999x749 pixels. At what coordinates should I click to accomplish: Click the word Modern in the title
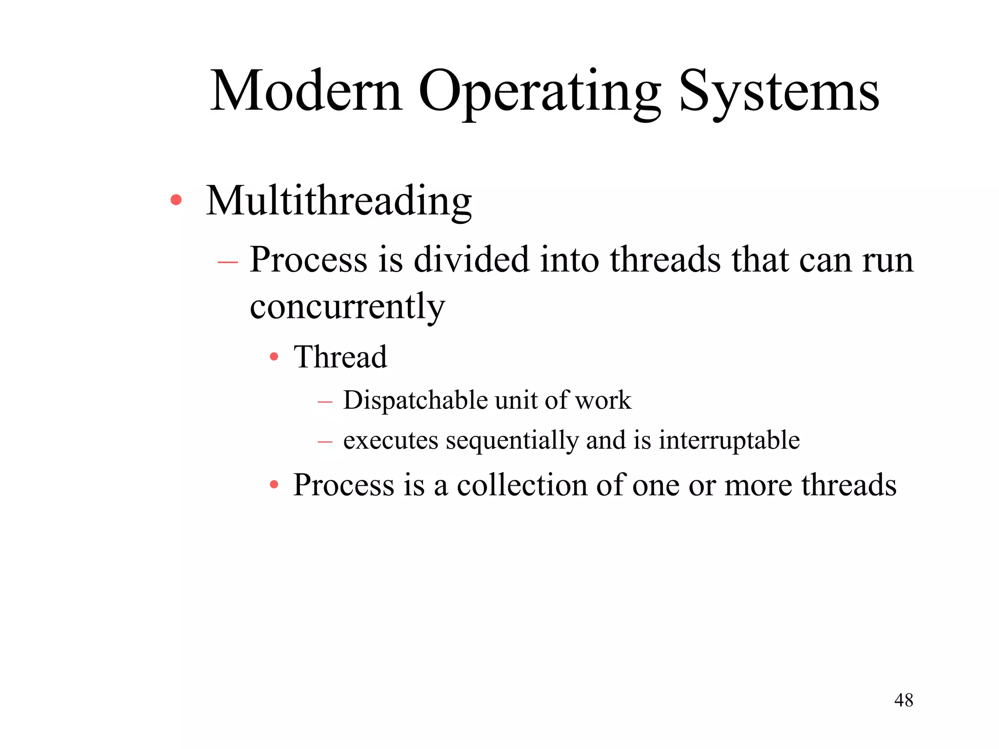(306, 91)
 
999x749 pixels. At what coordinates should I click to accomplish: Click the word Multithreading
(339, 201)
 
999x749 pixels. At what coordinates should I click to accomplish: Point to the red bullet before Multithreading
(176, 200)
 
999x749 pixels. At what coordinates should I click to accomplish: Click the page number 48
(903, 700)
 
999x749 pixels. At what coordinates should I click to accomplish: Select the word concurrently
(347, 307)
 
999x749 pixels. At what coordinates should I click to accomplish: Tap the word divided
(471, 260)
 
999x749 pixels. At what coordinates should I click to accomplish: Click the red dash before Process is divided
(228, 262)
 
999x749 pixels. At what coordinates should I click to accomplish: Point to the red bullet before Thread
(274, 357)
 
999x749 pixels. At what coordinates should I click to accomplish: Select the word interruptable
(729, 440)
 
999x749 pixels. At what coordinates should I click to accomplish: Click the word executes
(390, 440)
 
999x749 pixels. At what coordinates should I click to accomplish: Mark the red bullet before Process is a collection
(274, 485)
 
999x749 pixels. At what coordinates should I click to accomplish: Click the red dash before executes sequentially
(325, 442)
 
